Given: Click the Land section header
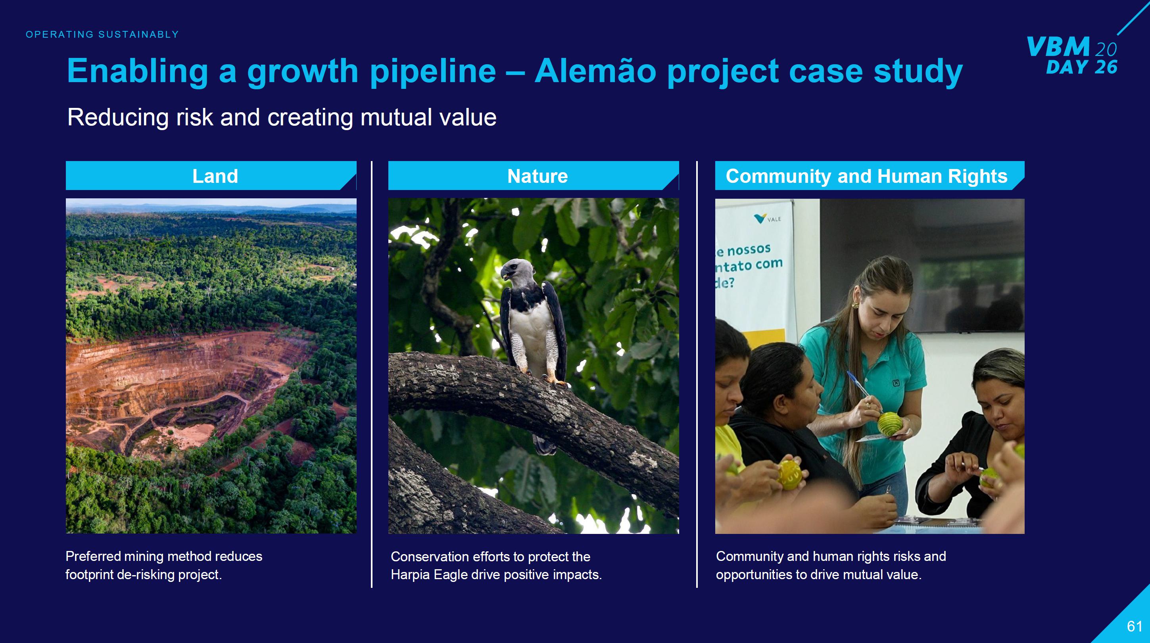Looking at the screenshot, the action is (x=215, y=176).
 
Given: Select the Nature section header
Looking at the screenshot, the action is (x=538, y=176).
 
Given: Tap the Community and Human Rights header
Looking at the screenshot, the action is (x=866, y=176).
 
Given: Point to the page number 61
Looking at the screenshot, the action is (x=1135, y=626).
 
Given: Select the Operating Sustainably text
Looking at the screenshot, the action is (x=102, y=35).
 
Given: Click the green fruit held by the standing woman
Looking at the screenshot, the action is (x=890, y=423).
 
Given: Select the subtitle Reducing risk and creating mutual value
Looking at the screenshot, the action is (x=282, y=117).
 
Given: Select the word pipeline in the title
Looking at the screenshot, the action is (x=433, y=71).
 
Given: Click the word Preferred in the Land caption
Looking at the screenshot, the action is (x=93, y=557).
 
